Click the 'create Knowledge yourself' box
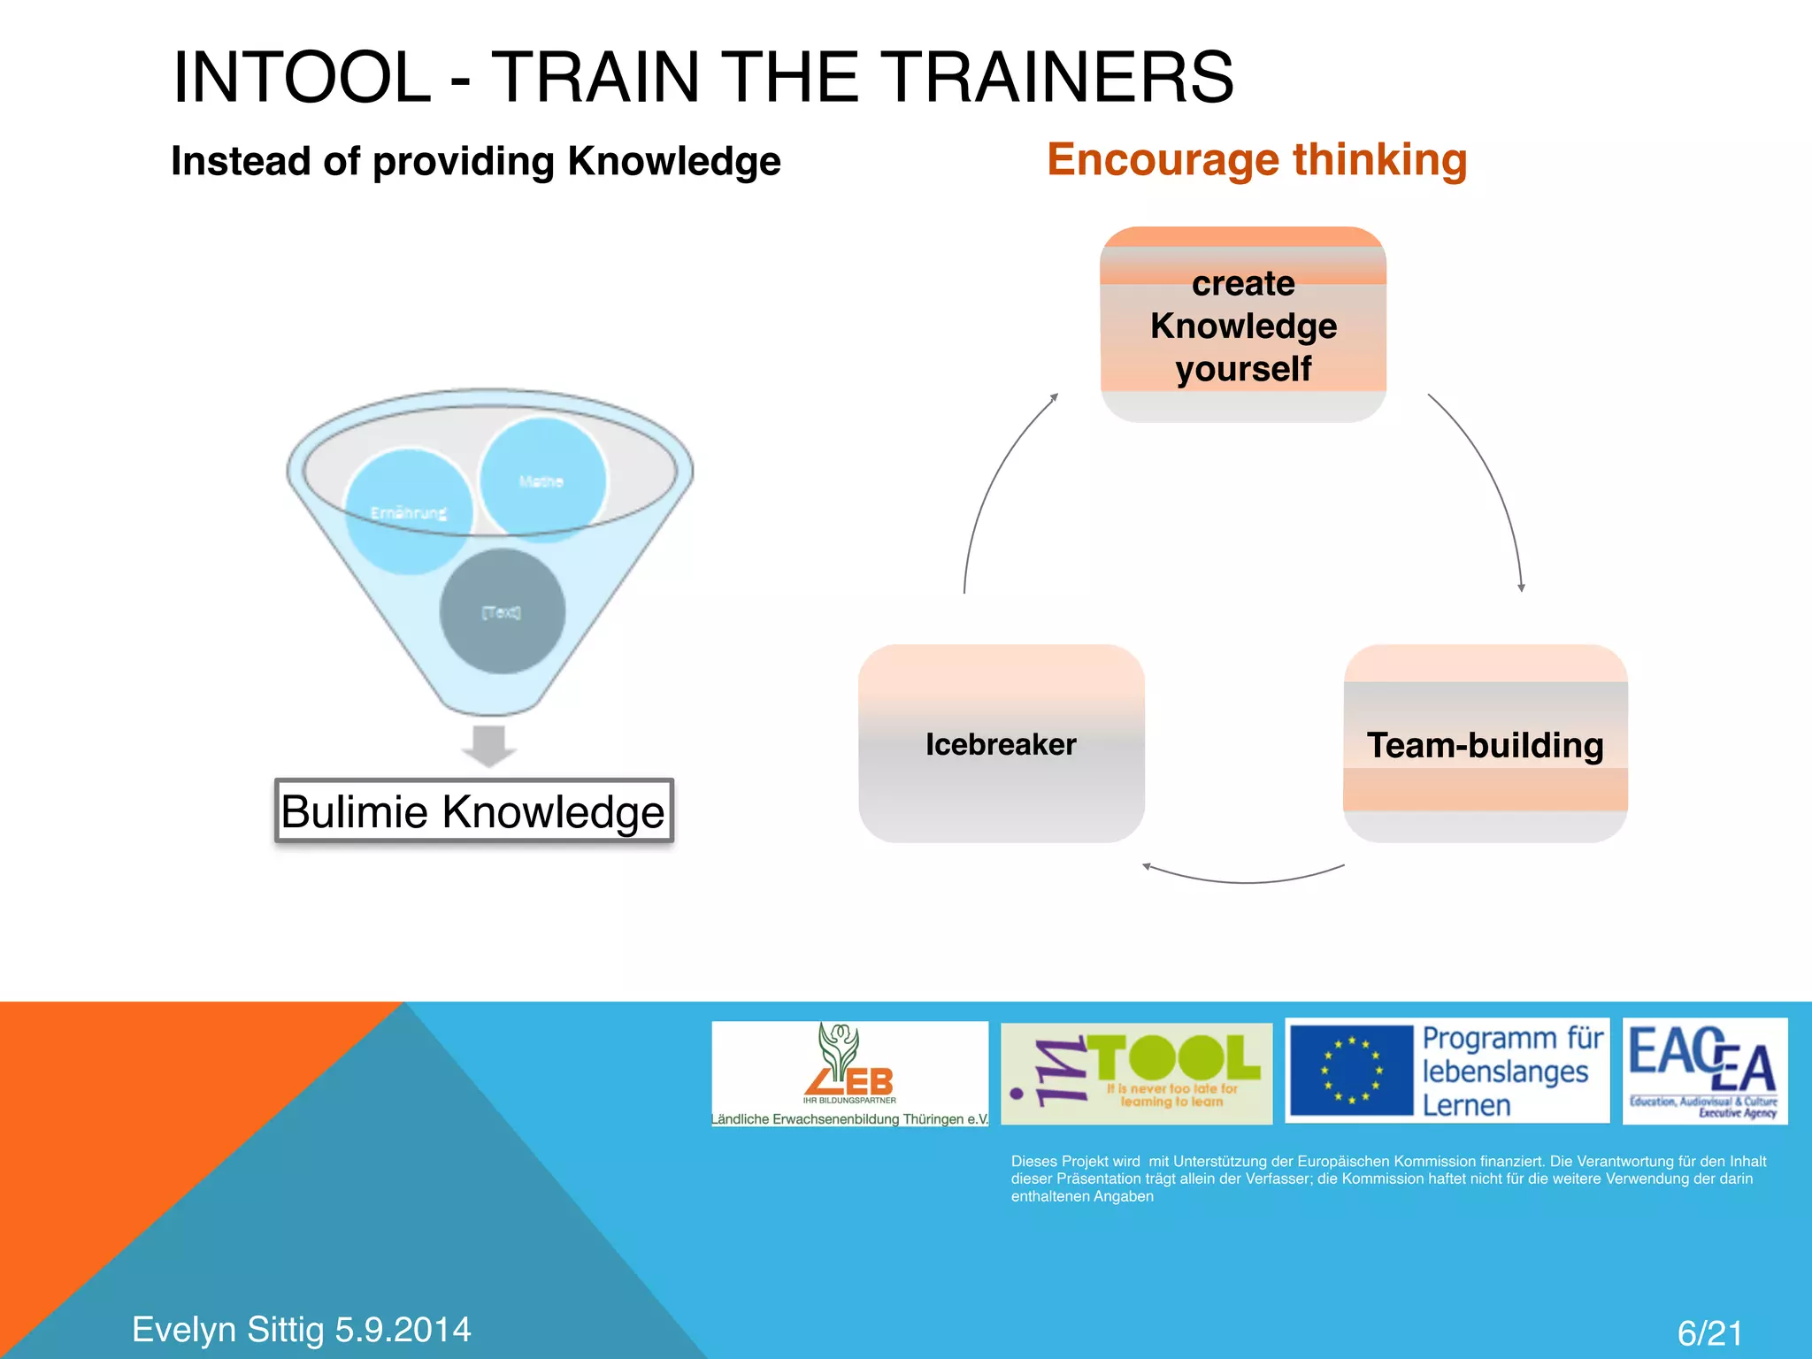tap(1243, 325)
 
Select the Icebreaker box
tap(1002, 744)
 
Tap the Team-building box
tap(1486, 744)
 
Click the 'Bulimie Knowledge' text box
tap(473, 811)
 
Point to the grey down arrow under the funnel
tap(488, 746)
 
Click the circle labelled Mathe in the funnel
tap(542, 480)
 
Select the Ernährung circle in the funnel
tap(409, 512)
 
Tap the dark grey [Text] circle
tap(502, 611)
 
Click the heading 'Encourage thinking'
tap(1256, 160)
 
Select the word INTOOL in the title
tap(302, 78)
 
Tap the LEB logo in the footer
tap(849, 1073)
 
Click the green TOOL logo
tap(1136, 1073)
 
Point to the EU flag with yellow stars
tap(1351, 1071)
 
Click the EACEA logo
tap(1704, 1071)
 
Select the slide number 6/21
tap(1709, 1332)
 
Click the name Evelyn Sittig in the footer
tap(227, 1329)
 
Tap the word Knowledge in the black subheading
tap(674, 162)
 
